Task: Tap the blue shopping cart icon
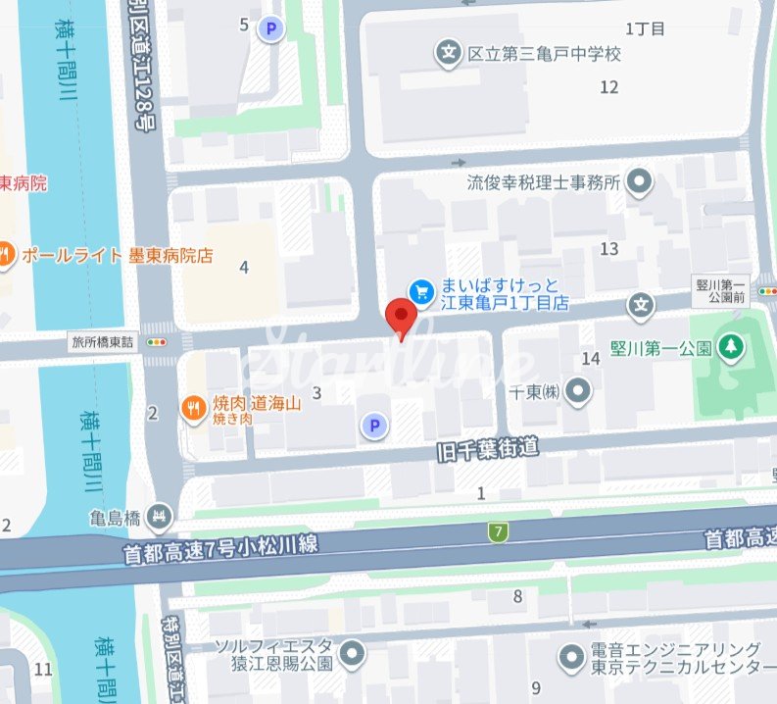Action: [422, 290]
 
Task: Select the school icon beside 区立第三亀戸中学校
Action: [449, 53]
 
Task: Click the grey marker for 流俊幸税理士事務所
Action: [640, 181]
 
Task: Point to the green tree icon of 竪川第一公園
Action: [729, 346]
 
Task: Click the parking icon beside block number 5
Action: [270, 29]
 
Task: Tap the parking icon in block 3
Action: [372, 425]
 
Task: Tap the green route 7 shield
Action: [499, 531]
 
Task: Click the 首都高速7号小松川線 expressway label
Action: [220, 549]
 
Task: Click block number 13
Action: [609, 249]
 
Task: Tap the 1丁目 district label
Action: [645, 28]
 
